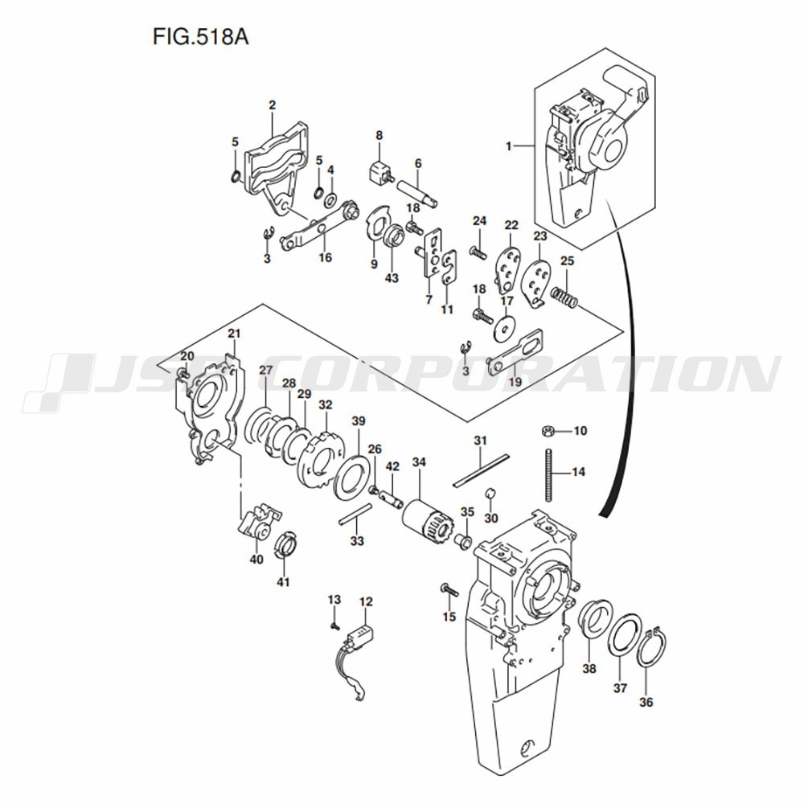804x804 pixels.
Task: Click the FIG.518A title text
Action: pos(200,37)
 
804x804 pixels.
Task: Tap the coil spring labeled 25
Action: pos(564,297)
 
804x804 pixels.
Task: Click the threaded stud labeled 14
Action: pos(548,475)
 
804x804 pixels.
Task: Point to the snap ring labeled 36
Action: pos(652,648)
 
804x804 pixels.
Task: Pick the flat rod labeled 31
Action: pos(481,470)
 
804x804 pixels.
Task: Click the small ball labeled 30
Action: pos(490,493)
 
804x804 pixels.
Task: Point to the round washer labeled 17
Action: pos(506,328)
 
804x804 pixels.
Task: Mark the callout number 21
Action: pos(234,334)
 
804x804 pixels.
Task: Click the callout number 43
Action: pos(392,278)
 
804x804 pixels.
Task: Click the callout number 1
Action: pos(509,146)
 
